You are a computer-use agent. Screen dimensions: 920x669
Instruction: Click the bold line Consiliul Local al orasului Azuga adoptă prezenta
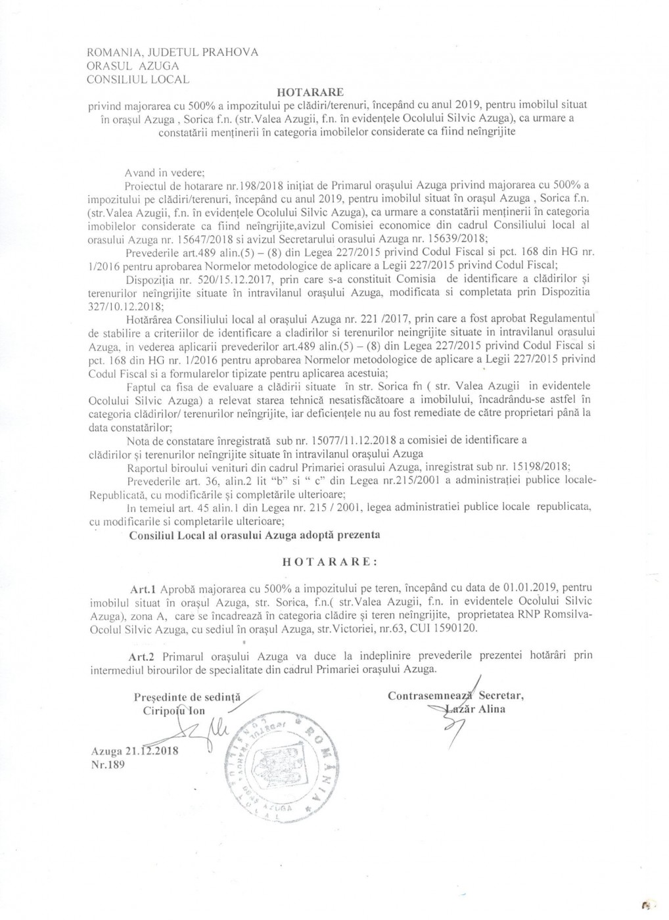[255, 534]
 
